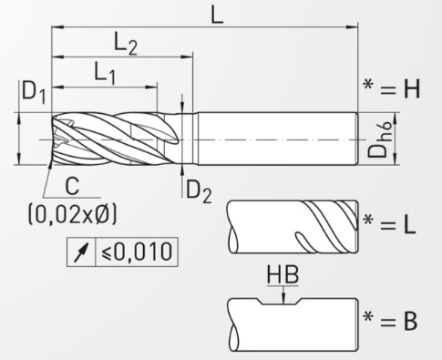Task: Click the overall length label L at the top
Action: pyautogui.click(x=217, y=15)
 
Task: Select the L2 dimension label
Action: pyautogui.click(x=126, y=44)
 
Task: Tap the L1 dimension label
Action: pyautogui.click(x=105, y=73)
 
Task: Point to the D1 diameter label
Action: pyautogui.click(x=34, y=92)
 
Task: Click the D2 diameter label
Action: pyautogui.click(x=199, y=191)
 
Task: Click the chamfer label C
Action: pyautogui.click(x=72, y=186)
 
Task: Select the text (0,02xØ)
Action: pyautogui.click(x=72, y=214)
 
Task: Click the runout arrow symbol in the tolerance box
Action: pyautogui.click(x=81, y=252)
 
